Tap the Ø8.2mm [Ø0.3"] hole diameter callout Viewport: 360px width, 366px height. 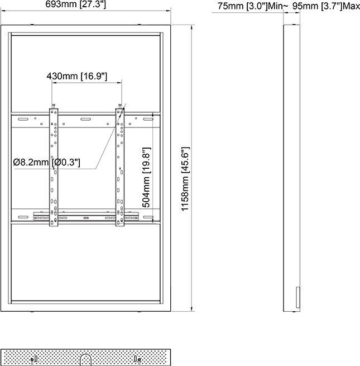pos(47,163)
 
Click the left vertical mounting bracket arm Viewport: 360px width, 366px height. pos(54,168)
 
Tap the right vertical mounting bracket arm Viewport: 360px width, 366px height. pos(120,168)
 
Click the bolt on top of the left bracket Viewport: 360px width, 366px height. pos(54,106)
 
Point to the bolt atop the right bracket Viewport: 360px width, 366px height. pos(120,106)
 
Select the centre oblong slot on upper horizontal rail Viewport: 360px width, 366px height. pos(87,119)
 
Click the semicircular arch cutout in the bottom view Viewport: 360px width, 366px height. pos(86,358)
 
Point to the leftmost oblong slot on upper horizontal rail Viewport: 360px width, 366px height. pos(22,119)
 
